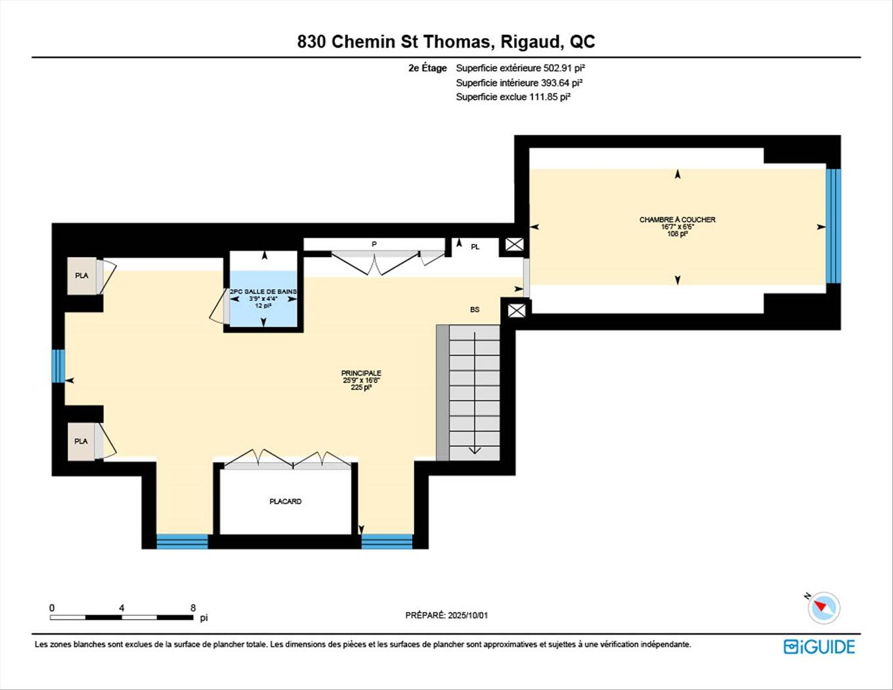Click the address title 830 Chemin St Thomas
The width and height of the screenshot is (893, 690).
[446, 42]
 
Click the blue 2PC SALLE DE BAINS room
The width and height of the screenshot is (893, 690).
[263, 299]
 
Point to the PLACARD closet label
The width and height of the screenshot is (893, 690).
[286, 501]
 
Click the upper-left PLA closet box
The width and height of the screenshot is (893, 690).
[82, 275]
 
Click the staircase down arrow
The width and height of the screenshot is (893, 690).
[474, 449]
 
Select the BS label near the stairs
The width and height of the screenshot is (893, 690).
[475, 310]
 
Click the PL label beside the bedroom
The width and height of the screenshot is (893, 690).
[475, 247]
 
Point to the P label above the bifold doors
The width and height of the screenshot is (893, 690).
[374, 244]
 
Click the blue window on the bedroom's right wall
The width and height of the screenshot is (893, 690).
[833, 226]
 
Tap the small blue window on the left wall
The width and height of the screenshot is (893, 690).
[58, 365]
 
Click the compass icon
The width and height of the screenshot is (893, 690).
[824, 607]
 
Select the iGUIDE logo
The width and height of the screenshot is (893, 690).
[819, 647]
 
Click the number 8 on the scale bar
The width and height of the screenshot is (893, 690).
[193, 608]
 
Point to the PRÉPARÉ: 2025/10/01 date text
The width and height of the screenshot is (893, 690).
[446, 616]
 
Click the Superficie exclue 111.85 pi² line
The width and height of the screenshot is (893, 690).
[513, 97]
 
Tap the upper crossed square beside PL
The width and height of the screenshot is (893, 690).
[514, 245]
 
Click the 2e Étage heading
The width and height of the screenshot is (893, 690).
[427, 68]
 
